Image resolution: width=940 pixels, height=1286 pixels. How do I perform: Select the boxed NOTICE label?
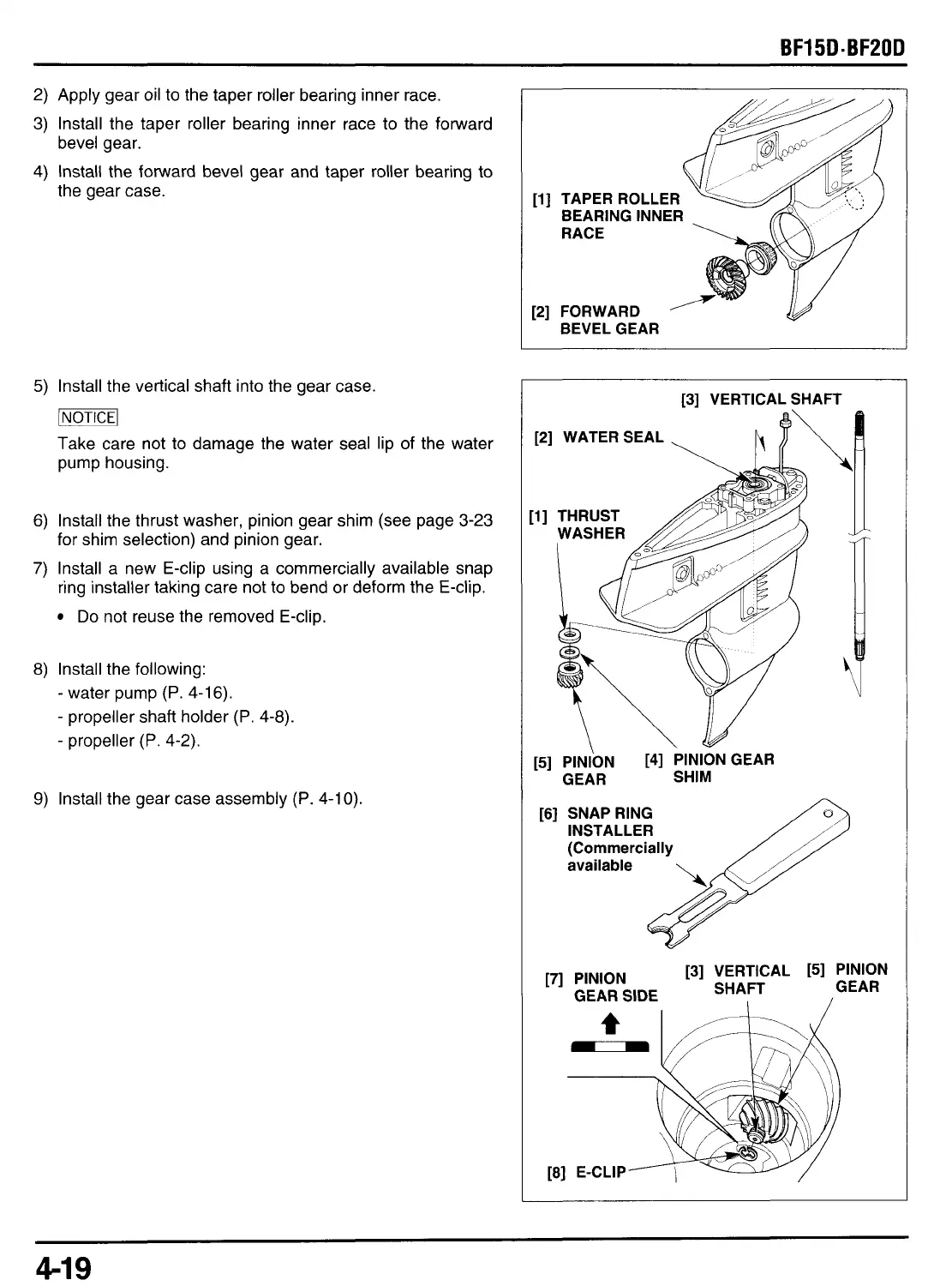(87, 418)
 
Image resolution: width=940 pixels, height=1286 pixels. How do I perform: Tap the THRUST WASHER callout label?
(590, 525)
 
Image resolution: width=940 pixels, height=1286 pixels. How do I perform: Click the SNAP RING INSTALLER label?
(610, 821)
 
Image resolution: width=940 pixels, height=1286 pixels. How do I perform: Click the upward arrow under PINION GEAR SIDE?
(610, 1022)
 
